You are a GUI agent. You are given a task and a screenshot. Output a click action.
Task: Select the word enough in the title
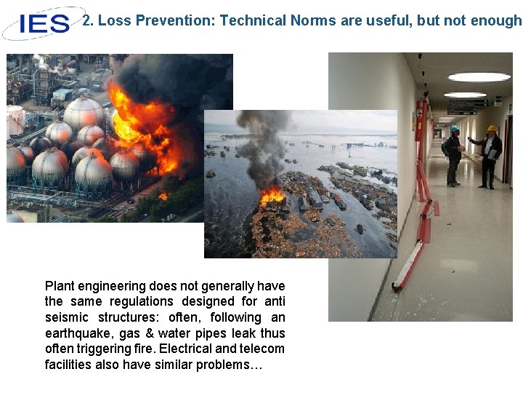coord(496,20)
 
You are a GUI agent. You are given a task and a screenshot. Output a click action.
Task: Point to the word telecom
coord(265,349)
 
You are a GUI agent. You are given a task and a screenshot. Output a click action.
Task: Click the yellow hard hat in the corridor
coord(492,128)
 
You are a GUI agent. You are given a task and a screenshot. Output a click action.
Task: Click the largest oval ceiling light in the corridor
coord(479,77)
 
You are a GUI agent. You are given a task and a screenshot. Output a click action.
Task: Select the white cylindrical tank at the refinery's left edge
coord(15,120)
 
